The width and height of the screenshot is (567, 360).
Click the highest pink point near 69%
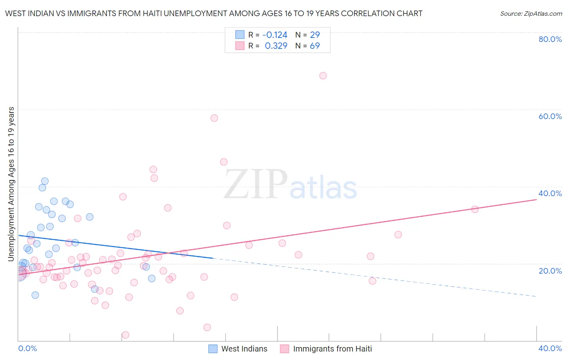pos(323,75)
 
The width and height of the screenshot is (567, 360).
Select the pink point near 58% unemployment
pos(214,118)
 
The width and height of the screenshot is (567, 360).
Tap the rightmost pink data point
pos(475,209)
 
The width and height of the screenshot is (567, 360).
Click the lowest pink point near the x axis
pos(125,335)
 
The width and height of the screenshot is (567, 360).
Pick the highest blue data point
pos(45,181)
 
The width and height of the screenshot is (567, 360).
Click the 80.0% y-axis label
pos(550,39)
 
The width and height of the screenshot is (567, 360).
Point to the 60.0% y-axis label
pos(550,116)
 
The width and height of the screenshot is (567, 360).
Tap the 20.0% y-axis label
pos(550,270)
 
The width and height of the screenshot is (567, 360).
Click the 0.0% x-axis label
pos(27,348)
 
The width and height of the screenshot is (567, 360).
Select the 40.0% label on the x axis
pos(550,348)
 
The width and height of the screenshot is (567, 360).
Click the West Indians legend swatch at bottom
pos(213,349)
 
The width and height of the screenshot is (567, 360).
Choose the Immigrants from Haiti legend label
pos(332,349)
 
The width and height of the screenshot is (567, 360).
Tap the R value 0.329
pos(276,46)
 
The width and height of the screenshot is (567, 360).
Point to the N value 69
pos(315,46)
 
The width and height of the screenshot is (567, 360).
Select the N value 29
pos(315,35)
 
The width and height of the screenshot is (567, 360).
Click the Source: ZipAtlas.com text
pos(531,13)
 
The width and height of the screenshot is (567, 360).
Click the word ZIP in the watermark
pos(256,185)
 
